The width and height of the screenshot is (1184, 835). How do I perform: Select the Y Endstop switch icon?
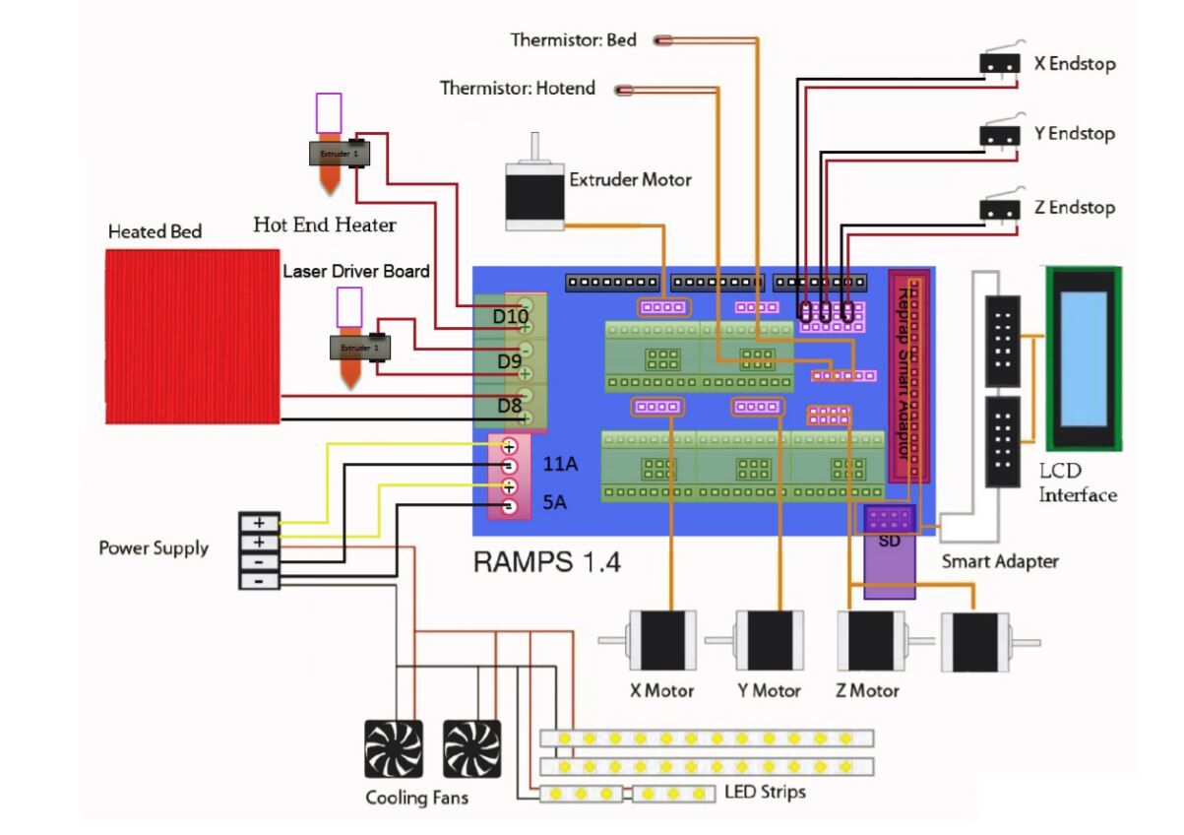999,135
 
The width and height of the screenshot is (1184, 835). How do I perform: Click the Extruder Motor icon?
533,195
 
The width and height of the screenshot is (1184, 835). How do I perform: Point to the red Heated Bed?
192,335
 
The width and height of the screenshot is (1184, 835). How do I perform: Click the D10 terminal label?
511,317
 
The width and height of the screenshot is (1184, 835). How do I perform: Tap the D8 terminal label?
509,405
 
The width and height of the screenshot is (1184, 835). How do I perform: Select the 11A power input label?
560,463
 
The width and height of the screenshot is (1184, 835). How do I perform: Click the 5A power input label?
554,504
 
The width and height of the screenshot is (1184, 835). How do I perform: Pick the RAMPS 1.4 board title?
546,562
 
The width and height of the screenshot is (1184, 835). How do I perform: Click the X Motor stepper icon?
662,640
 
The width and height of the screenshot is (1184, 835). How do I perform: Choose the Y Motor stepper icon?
769,640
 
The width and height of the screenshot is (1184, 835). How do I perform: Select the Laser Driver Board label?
356,271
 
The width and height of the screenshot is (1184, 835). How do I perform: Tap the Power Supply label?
154,547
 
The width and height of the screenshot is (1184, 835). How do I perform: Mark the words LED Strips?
765,791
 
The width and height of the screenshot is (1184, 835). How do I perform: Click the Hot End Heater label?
325,225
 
